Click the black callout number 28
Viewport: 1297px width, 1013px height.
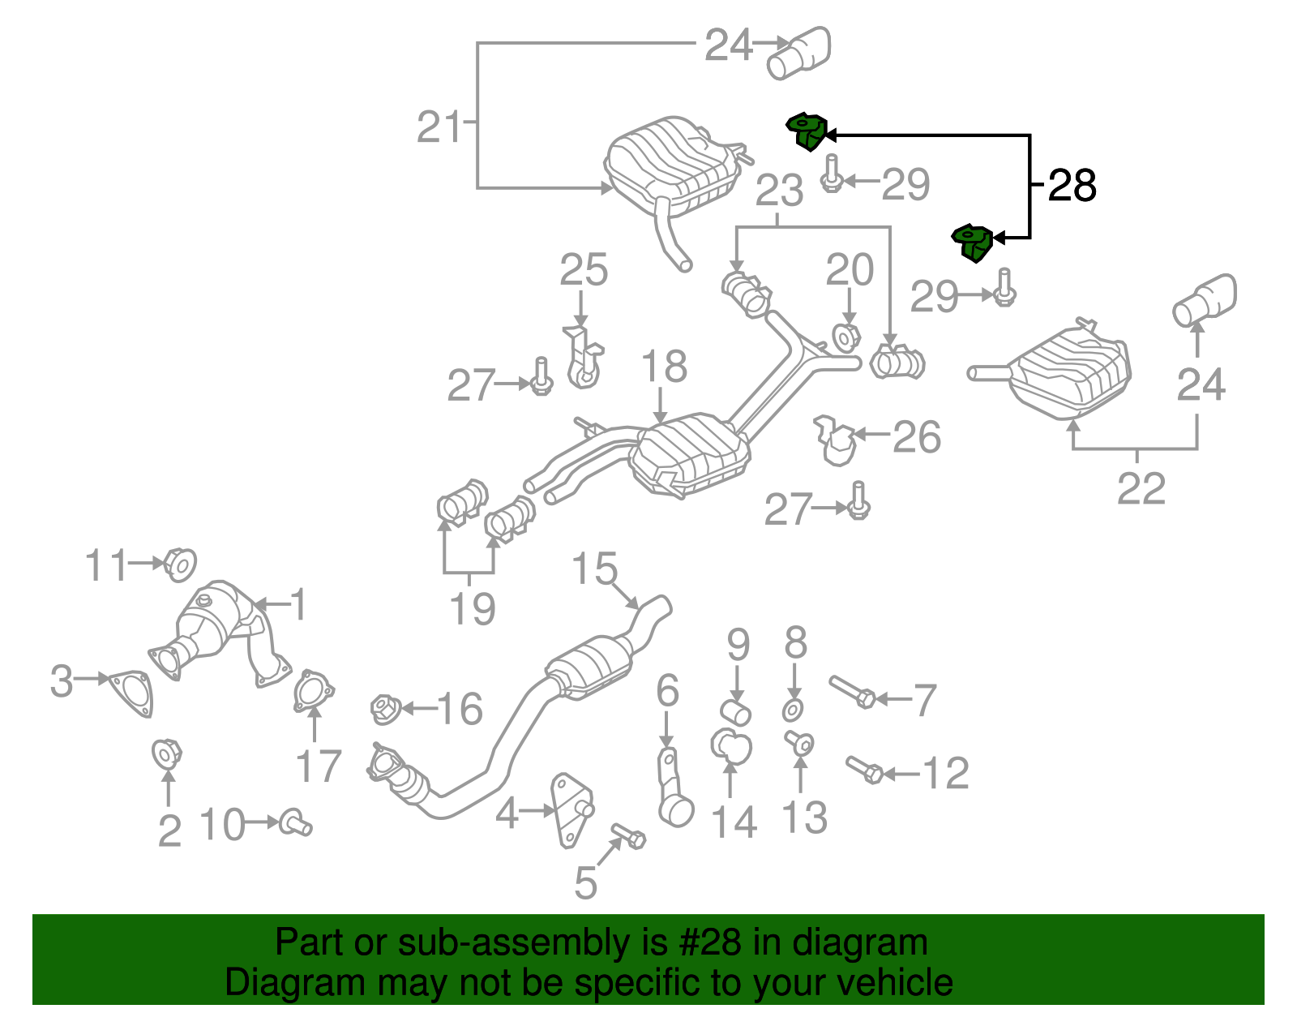click(x=1072, y=186)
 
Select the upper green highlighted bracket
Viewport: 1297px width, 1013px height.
click(x=807, y=132)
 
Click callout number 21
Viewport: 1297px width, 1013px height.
click(x=439, y=127)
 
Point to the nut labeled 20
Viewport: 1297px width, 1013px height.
click(x=845, y=337)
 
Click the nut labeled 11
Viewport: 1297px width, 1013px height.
click(x=179, y=564)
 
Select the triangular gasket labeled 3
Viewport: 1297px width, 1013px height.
click(x=131, y=693)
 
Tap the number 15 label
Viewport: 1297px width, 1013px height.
click(x=593, y=569)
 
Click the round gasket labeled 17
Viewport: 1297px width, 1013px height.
click(x=312, y=692)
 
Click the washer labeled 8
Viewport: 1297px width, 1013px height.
click(x=794, y=710)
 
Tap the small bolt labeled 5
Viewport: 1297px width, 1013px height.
click(x=628, y=835)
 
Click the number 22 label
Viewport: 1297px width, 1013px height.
click(x=1141, y=488)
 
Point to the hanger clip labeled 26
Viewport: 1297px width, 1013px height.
click(x=835, y=440)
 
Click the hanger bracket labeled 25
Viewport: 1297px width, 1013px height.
click(x=582, y=358)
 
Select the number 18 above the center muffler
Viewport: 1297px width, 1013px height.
click(x=664, y=367)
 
